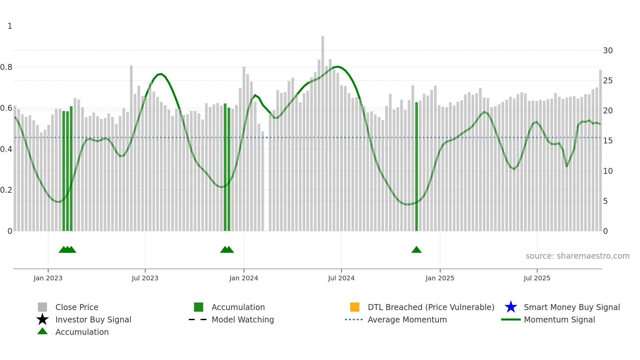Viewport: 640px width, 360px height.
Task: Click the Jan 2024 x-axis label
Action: [x=244, y=278]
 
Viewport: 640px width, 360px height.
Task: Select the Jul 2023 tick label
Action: [x=145, y=278]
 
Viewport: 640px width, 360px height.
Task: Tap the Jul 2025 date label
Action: [x=537, y=278]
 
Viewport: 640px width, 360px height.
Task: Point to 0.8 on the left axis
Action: [x=6, y=67]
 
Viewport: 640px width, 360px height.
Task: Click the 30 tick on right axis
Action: [x=608, y=51]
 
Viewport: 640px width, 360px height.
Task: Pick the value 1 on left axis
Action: [x=10, y=26]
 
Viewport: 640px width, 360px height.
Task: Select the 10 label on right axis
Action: [x=608, y=171]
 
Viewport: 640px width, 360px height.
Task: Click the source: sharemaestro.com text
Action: [x=577, y=256]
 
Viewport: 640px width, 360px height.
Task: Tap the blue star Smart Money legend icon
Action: [x=511, y=307]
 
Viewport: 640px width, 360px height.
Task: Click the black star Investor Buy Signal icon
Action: [x=42, y=319]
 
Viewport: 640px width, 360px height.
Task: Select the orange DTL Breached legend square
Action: [x=355, y=307]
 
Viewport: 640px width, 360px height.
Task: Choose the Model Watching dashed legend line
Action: [x=198, y=319]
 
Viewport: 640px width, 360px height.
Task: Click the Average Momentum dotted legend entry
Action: [x=354, y=319]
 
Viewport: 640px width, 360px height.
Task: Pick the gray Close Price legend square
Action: [x=42, y=307]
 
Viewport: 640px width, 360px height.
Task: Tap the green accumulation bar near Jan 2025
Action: [x=417, y=167]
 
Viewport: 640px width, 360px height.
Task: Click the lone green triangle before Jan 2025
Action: [x=416, y=250]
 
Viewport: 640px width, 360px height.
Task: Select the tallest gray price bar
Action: [x=323, y=131]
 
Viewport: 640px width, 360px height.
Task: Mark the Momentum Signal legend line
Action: [x=511, y=319]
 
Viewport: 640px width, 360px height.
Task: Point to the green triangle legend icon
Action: [x=42, y=331]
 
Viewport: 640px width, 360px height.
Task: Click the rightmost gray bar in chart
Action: [x=600, y=150]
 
